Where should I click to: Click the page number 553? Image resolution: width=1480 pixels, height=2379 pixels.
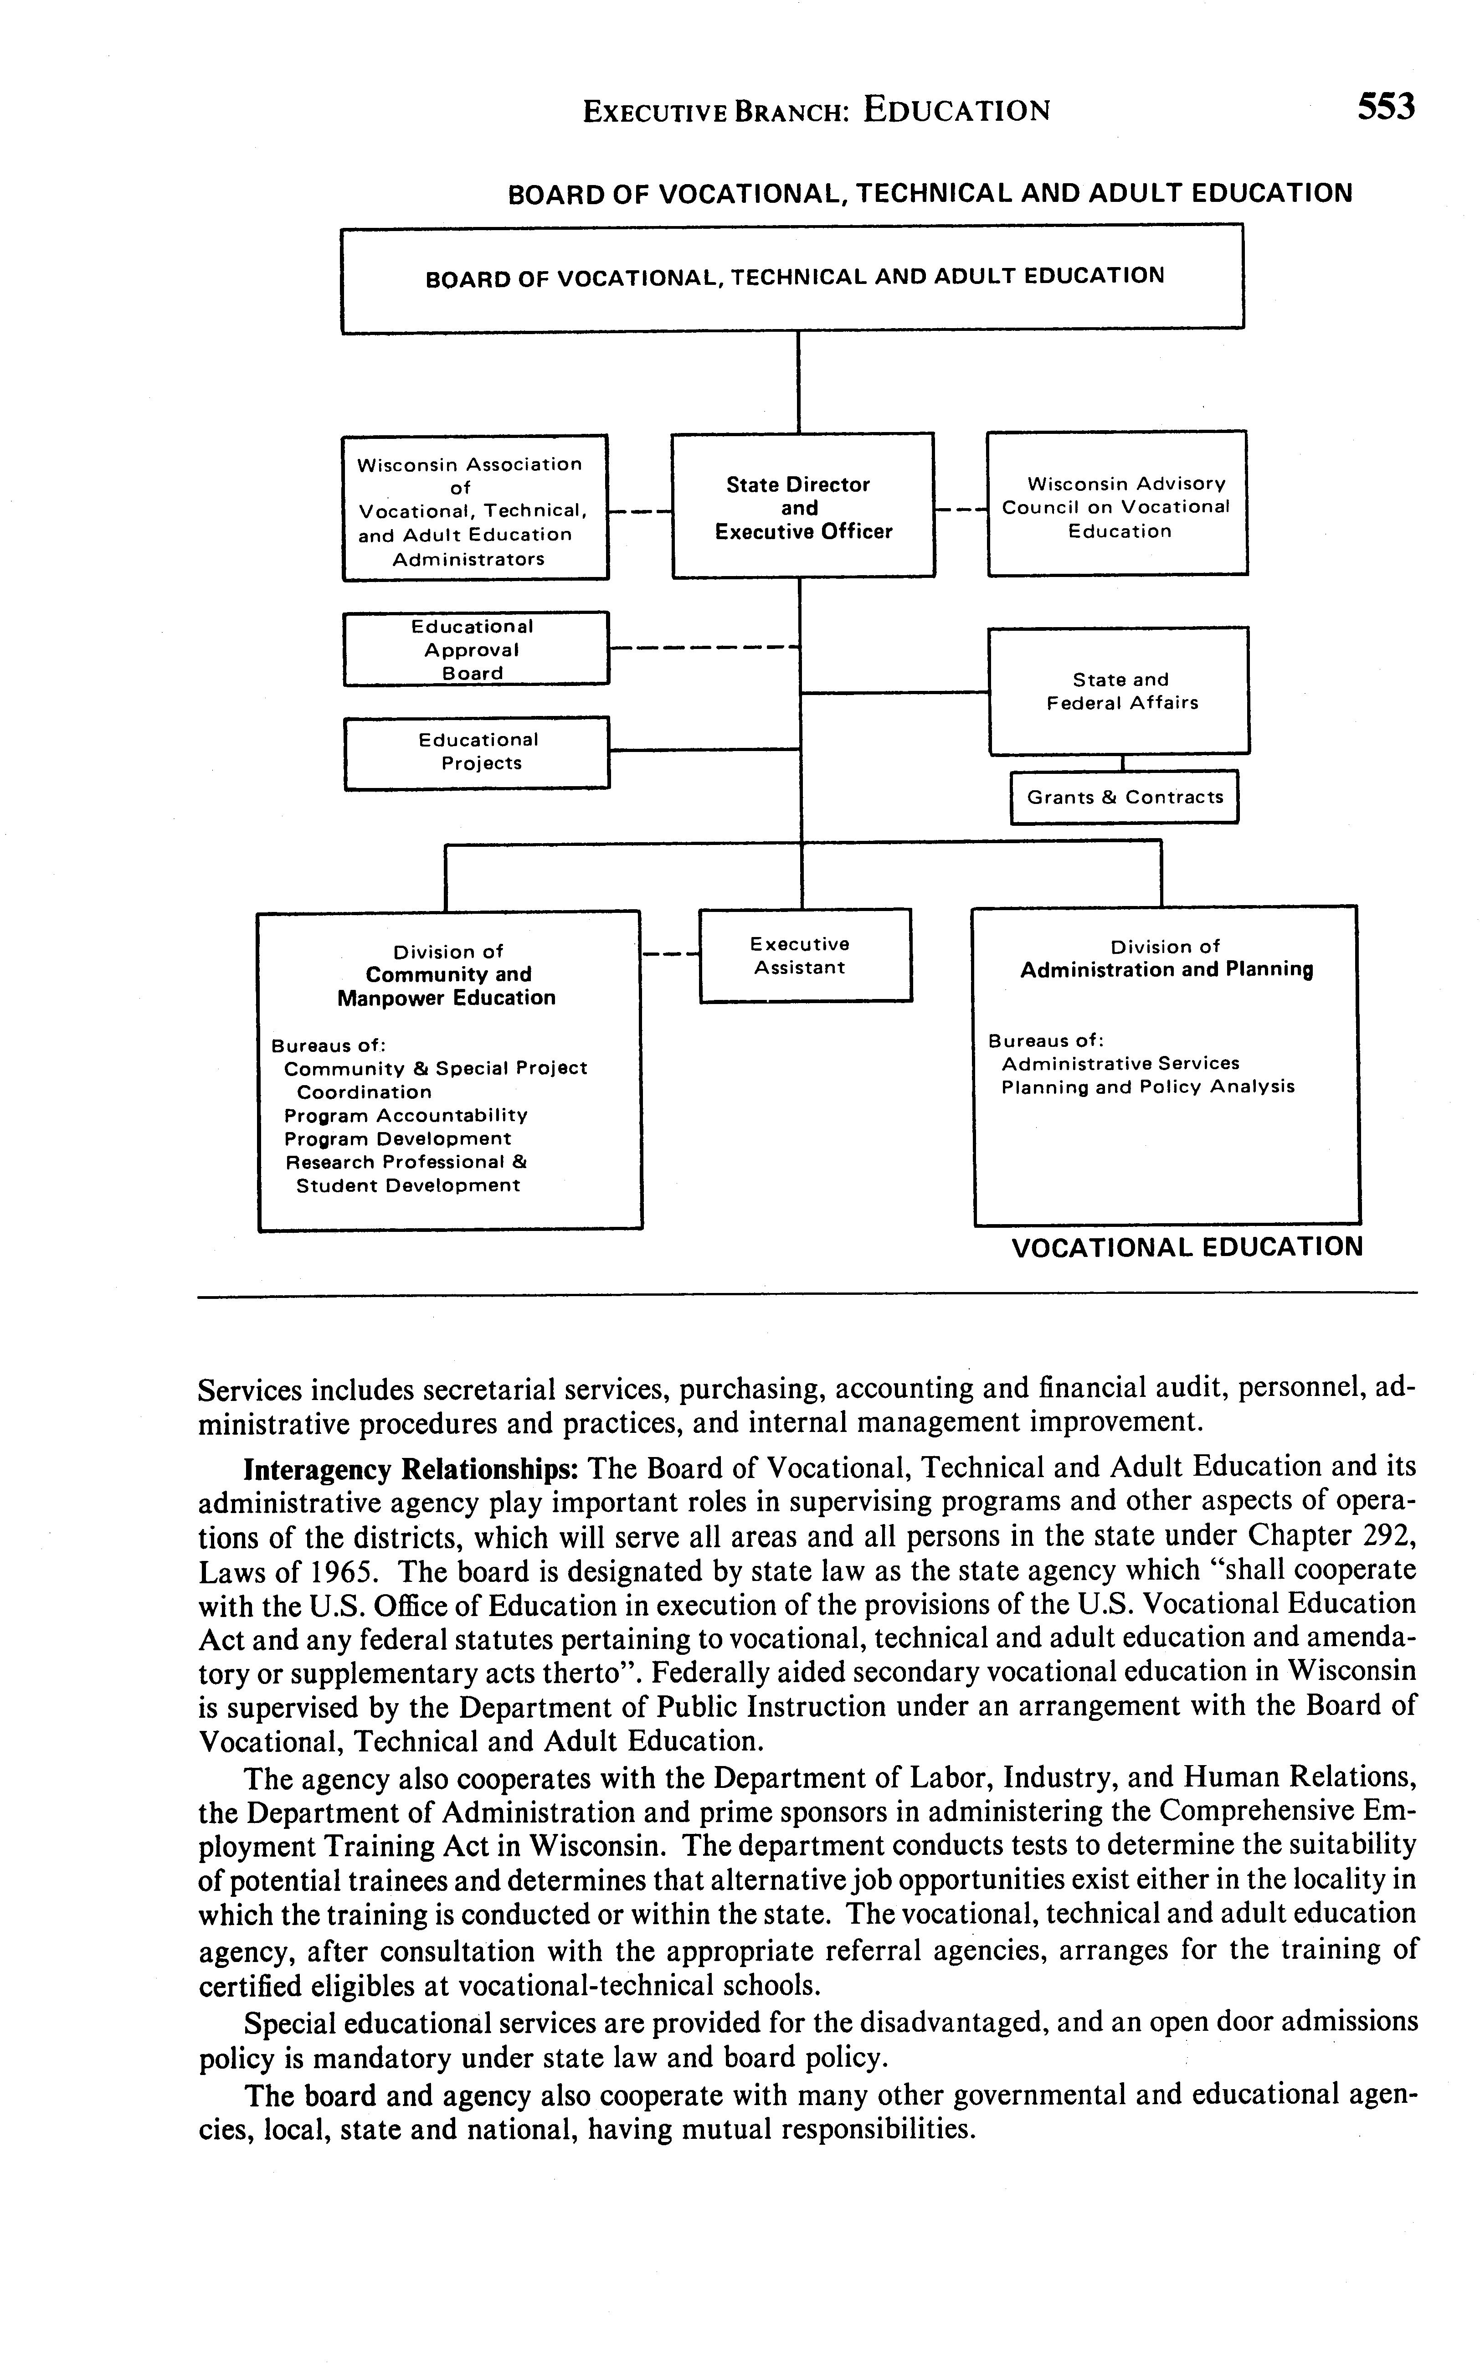(1385, 106)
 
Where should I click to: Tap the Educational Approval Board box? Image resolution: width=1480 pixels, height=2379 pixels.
(476, 649)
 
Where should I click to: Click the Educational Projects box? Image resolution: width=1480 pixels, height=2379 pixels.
(477, 752)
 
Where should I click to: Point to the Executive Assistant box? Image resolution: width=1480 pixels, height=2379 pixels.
(805, 956)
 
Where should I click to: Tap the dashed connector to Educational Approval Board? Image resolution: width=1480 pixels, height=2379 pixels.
(703, 647)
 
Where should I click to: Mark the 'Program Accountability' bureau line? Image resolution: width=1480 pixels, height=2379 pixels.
(405, 1115)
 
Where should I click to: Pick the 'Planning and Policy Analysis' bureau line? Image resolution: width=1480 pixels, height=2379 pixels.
(1147, 1087)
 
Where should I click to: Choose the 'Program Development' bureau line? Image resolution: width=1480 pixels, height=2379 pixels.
(397, 1138)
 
